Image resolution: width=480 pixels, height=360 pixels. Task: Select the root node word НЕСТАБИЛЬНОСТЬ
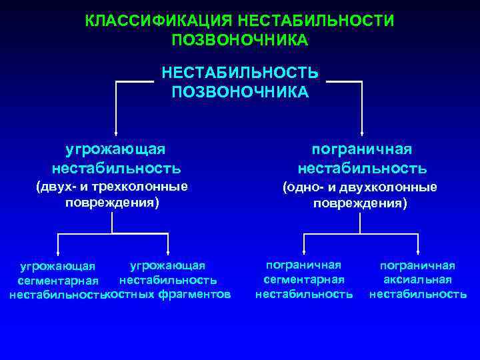coord(240,72)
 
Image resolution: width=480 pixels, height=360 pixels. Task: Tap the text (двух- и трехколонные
coord(111,187)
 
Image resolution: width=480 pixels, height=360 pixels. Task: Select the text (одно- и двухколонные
coord(360,187)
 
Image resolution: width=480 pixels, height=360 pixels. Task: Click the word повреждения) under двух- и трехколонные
coord(111,201)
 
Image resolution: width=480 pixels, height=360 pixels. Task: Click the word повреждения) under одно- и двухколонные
coord(360,202)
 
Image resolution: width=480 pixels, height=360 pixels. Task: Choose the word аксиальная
coord(418,279)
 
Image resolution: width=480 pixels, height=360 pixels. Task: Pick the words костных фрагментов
coord(169,294)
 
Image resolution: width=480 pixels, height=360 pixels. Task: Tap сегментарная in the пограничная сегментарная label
coord(304,279)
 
